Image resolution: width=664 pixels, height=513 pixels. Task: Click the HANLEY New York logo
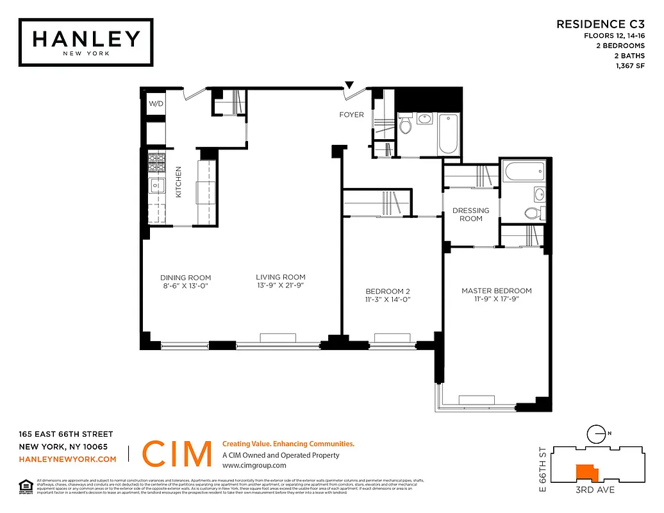pos(86,42)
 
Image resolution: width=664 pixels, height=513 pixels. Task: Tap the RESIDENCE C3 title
pos(600,24)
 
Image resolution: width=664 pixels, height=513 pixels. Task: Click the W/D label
pos(156,104)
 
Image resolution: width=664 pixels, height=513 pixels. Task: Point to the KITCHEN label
pos(179,182)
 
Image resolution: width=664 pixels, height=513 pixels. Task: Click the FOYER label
pos(351,115)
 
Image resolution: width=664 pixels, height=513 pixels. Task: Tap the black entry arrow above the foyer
pos(349,85)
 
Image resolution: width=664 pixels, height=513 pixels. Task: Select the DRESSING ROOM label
pos(470,214)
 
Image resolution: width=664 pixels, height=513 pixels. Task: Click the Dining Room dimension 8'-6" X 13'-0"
pos(185,286)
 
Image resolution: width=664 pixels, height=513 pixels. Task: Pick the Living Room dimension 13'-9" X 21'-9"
pos(281,286)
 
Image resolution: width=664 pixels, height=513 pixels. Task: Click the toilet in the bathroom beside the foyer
pos(405,126)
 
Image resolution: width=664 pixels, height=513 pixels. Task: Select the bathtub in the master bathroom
pos(524,171)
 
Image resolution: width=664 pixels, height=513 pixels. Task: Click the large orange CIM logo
pos(177,454)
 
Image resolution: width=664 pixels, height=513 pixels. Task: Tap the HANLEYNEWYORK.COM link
pos(68,459)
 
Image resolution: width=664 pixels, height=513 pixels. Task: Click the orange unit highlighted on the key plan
pos(586,473)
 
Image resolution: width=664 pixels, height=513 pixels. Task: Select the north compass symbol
pos(597,434)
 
